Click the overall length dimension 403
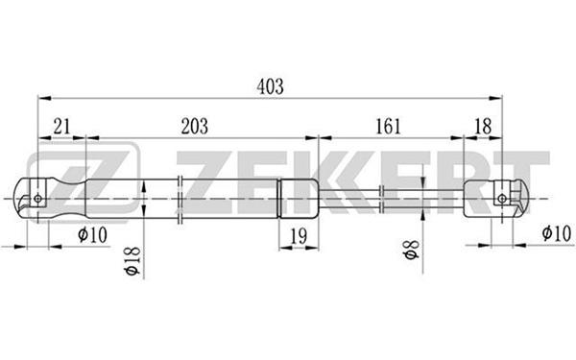click(270, 87)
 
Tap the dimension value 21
click(61, 127)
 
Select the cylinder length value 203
click(194, 127)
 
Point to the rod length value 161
click(388, 127)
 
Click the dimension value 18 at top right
click(483, 127)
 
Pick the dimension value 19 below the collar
click(299, 236)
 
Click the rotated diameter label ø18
click(132, 261)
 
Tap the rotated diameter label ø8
click(412, 250)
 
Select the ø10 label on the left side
click(92, 234)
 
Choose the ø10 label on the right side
click(557, 233)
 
